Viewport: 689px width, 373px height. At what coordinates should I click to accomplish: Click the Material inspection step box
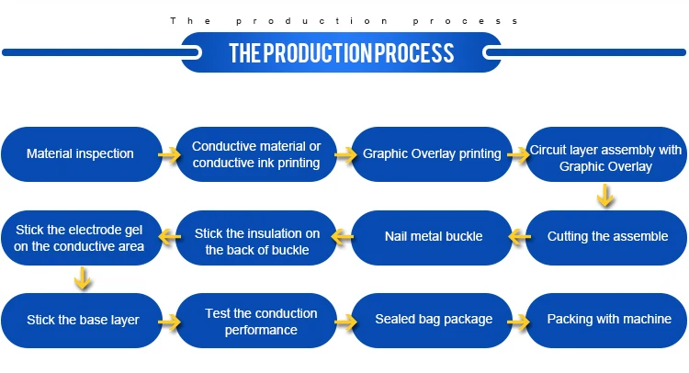(x=80, y=153)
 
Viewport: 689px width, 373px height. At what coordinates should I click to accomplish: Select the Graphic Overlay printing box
(x=432, y=153)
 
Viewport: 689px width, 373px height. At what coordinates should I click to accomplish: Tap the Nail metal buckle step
(x=433, y=236)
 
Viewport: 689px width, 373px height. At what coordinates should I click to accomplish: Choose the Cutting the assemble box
(x=607, y=236)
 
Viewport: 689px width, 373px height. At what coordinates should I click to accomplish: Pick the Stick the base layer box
(x=83, y=320)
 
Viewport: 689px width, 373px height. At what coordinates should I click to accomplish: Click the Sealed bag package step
(x=434, y=320)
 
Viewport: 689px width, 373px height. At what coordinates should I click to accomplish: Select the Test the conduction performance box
(x=261, y=321)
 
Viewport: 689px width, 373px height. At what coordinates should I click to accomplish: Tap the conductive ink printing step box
(x=256, y=154)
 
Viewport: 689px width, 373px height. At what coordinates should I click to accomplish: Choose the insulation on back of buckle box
(x=256, y=237)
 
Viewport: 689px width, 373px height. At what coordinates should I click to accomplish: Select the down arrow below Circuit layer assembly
(x=604, y=195)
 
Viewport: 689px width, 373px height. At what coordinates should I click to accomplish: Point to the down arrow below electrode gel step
(x=83, y=278)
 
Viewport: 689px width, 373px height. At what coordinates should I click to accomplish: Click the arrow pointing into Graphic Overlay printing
(x=344, y=154)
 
